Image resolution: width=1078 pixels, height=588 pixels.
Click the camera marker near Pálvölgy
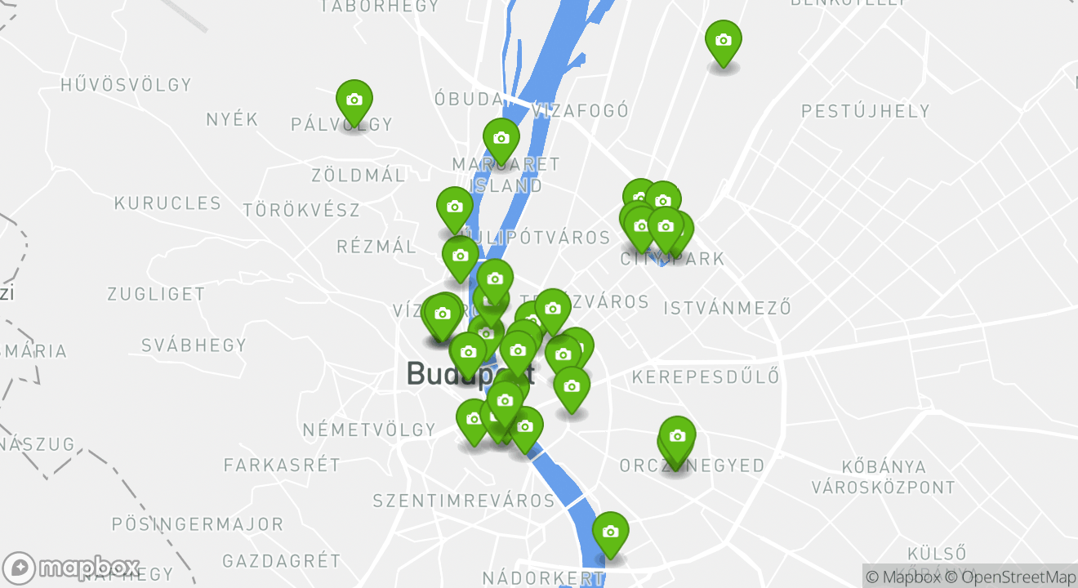tap(354, 100)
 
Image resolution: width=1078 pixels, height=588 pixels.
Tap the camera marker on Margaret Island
tap(501, 138)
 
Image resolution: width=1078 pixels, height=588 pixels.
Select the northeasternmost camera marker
tap(723, 40)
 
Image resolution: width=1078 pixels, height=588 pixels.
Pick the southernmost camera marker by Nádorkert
tap(610, 532)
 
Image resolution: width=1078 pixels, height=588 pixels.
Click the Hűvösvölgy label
tap(127, 85)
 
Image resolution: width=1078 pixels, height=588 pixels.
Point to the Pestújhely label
tap(866, 111)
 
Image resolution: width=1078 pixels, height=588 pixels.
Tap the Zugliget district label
tap(156, 294)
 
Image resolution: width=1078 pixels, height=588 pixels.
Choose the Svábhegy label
tap(194, 345)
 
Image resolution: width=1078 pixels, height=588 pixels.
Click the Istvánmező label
tap(728, 309)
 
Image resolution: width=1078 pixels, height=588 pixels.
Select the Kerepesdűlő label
tap(706, 377)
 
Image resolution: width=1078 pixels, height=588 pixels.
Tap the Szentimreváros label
tap(464, 501)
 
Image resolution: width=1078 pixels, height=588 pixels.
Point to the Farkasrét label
tap(282, 465)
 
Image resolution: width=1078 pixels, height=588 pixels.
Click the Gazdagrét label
tap(282, 561)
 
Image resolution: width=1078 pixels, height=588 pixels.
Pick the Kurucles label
tap(167, 203)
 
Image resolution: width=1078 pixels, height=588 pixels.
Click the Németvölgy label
tap(369, 430)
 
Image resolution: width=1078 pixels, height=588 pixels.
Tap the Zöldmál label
tap(359, 176)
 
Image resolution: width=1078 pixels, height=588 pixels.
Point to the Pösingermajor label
tap(198, 524)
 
